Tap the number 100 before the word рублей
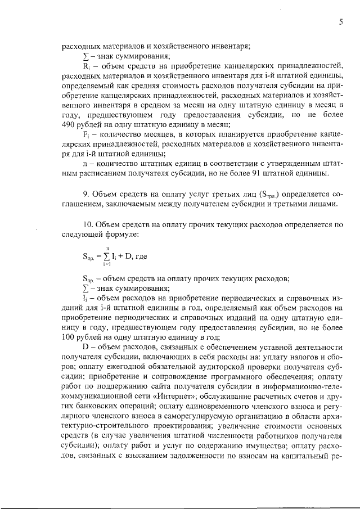pyautogui.click(x=70, y=337)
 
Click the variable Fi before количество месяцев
pyautogui.click(x=86, y=134)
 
